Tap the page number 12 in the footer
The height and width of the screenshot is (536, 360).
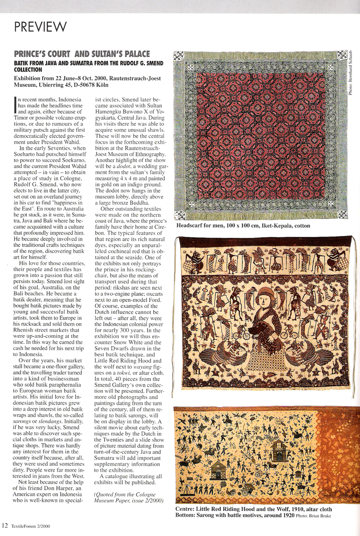coord(5,525)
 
